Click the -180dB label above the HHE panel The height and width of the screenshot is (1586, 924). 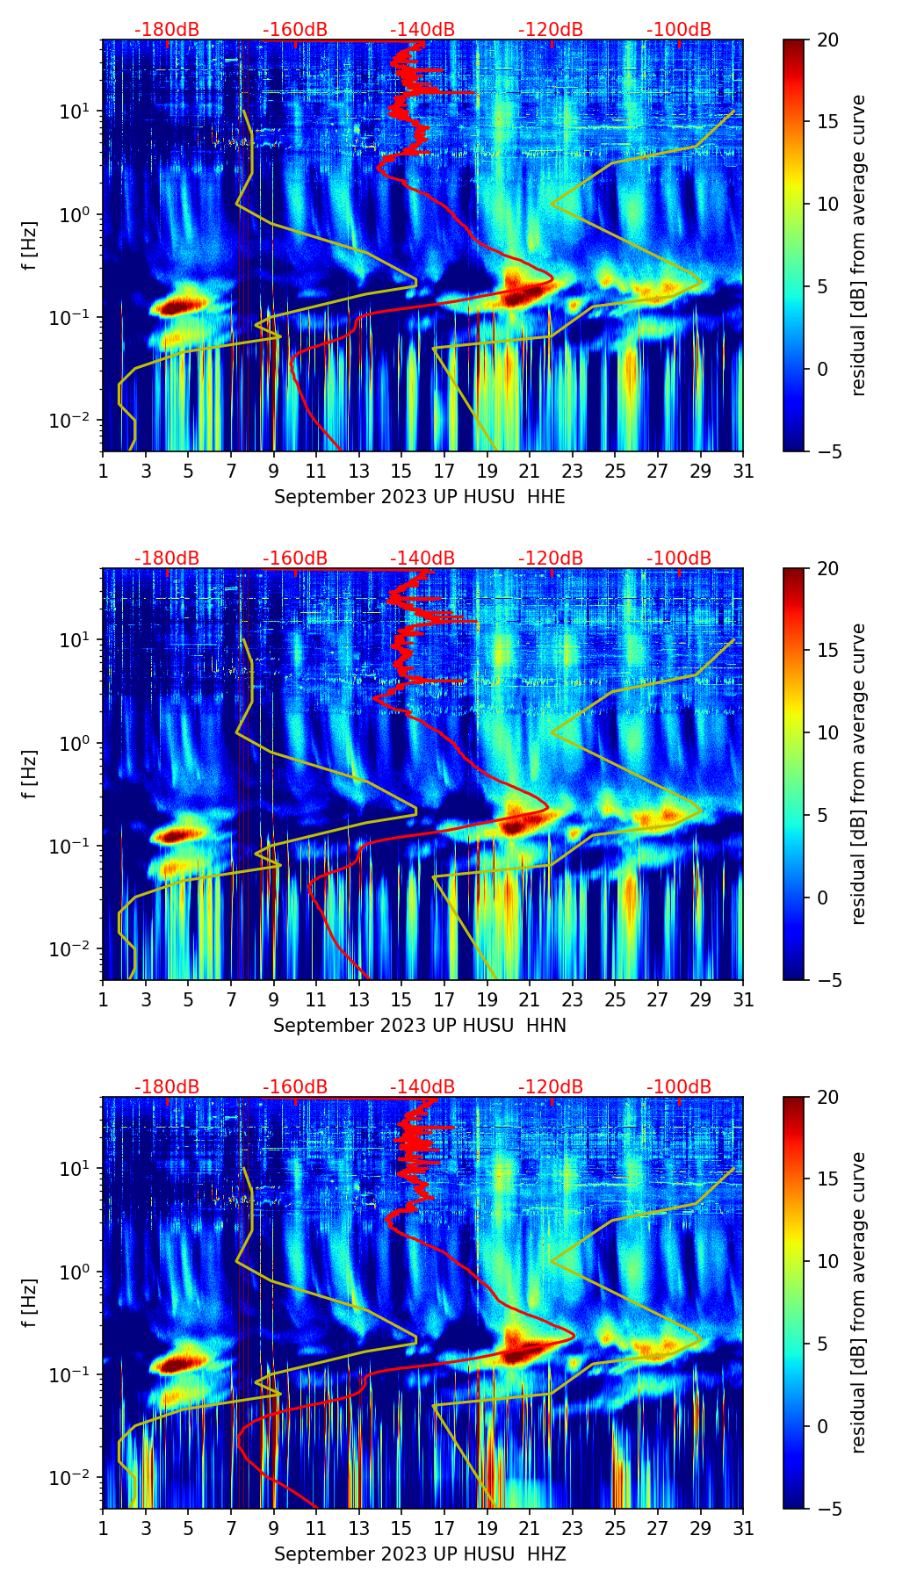pyautogui.click(x=167, y=30)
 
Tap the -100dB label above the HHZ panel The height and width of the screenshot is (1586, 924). pyautogui.click(x=679, y=1087)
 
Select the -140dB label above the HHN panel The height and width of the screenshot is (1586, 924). pyautogui.click(x=422, y=559)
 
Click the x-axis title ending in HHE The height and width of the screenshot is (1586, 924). pyautogui.click(x=419, y=497)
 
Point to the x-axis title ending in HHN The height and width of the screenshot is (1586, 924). pyautogui.click(x=419, y=1026)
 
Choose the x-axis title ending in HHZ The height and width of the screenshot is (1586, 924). pyautogui.click(x=419, y=1554)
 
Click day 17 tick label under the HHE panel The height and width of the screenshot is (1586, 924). pyautogui.click(x=444, y=471)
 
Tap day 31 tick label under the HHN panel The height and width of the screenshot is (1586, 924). pyautogui.click(x=743, y=999)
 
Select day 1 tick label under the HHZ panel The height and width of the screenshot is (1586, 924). pyautogui.click(x=104, y=1528)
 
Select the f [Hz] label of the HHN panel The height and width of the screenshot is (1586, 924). pyautogui.click(x=30, y=774)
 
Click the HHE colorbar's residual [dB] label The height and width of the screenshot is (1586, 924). pyautogui.click(x=859, y=246)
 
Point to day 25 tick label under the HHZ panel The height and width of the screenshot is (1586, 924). pyautogui.click(x=615, y=1528)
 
